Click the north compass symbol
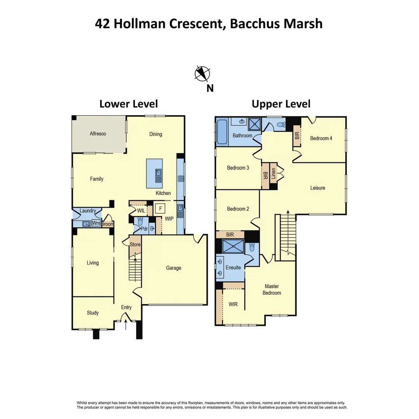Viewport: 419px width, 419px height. pyautogui.click(x=202, y=74)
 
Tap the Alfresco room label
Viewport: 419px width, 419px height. pyautogui.click(x=98, y=134)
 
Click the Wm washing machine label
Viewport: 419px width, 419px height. pyautogui.click(x=95, y=223)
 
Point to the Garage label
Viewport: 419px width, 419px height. pyautogui.click(x=173, y=268)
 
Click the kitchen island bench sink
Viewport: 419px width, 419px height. pyautogui.click(x=159, y=176)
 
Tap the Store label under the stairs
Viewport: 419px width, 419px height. pyautogui.click(x=135, y=244)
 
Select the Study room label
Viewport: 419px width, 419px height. pyautogui.click(x=93, y=313)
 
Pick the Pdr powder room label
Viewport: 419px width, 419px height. pyautogui.click(x=144, y=229)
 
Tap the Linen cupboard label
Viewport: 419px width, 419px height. pyautogui.click(x=274, y=172)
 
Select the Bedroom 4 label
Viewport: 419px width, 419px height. pyautogui.click(x=321, y=138)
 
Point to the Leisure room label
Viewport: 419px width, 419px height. pyautogui.click(x=317, y=188)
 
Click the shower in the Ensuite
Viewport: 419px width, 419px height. pyautogui.click(x=233, y=246)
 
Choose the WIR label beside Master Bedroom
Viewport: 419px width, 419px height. pyautogui.click(x=233, y=305)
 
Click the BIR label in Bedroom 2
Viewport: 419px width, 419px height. pyautogui.click(x=230, y=235)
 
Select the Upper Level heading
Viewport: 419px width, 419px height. pyautogui.click(x=281, y=104)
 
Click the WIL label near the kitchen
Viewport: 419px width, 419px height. pyautogui.click(x=141, y=210)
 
